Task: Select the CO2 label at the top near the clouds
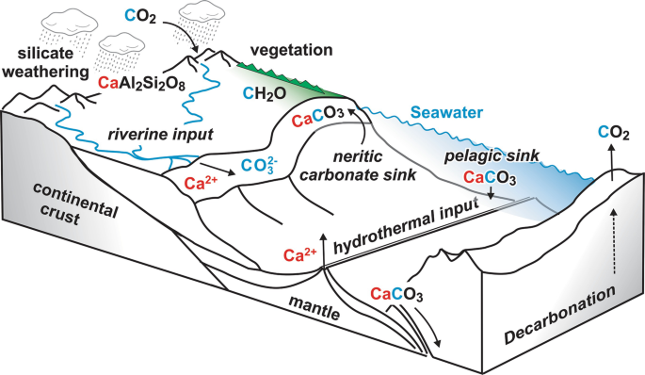point(144,17)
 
